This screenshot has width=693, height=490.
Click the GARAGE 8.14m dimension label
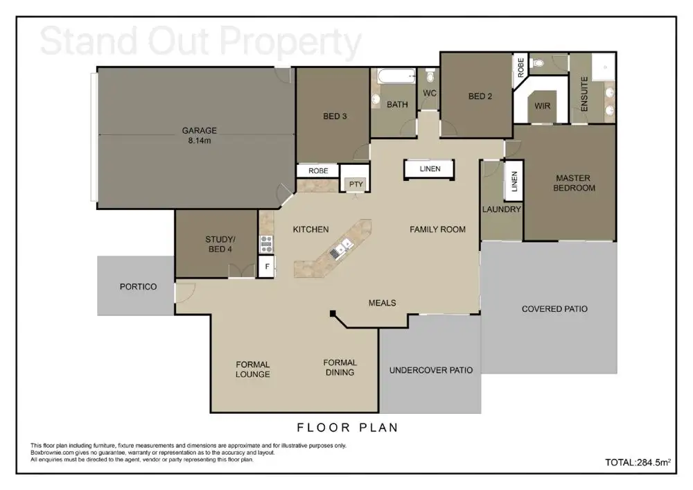pyautogui.click(x=200, y=136)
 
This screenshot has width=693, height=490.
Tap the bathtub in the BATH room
pyautogui.click(x=397, y=76)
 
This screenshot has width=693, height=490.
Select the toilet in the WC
pyautogui.click(x=430, y=76)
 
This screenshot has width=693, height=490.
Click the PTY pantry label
pyautogui.click(x=356, y=184)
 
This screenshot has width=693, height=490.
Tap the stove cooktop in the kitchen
pyautogui.click(x=266, y=244)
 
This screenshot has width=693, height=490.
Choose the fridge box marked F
pyautogui.click(x=267, y=267)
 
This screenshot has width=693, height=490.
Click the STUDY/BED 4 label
pyautogui.click(x=220, y=245)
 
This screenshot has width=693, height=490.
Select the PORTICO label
pyautogui.click(x=139, y=287)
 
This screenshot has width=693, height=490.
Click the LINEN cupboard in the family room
pyautogui.click(x=430, y=169)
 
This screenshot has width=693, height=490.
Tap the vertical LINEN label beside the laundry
pyautogui.click(x=514, y=181)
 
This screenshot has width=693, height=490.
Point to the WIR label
pyautogui.click(x=543, y=106)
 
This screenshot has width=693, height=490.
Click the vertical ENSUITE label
pyautogui.click(x=584, y=94)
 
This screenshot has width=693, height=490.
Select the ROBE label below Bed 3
pyautogui.click(x=318, y=170)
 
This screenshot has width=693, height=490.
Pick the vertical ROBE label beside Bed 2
pyautogui.click(x=520, y=68)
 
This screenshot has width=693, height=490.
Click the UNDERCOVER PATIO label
pyautogui.click(x=431, y=370)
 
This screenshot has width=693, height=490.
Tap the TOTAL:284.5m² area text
pyautogui.click(x=638, y=462)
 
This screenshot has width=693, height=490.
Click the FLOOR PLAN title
pyautogui.click(x=347, y=428)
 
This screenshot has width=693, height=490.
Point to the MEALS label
pyautogui.click(x=383, y=303)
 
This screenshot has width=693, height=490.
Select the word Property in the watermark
pyautogui.click(x=290, y=42)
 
